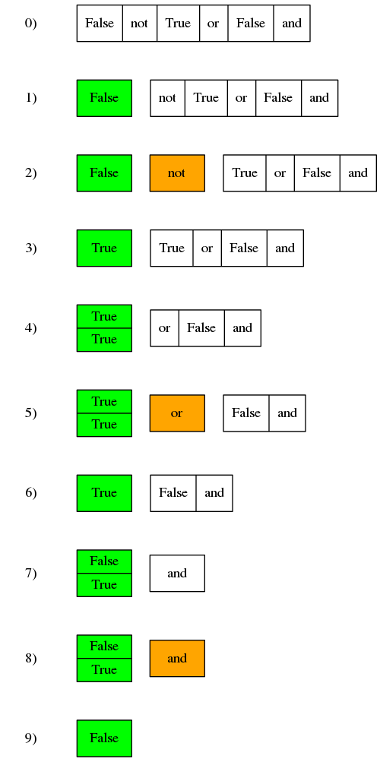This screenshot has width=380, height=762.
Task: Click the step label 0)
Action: (x=30, y=24)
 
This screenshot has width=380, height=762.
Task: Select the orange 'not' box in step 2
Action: (x=177, y=173)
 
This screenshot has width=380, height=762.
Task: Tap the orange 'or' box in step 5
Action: (x=177, y=413)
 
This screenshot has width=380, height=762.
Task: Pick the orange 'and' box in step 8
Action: (x=177, y=659)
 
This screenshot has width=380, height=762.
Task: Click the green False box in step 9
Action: (x=104, y=738)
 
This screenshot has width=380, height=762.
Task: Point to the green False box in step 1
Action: (x=104, y=98)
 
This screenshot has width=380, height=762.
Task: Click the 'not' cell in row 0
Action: (x=140, y=24)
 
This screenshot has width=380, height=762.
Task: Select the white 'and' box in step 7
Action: (x=177, y=574)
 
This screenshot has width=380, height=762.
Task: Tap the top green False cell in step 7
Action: (x=104, y=561)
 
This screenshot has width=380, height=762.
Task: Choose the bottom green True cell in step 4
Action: (x=104, y=340)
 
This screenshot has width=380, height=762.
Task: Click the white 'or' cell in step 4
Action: (x=165, y=328)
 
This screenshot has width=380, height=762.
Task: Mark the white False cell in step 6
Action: (x=173, y=493)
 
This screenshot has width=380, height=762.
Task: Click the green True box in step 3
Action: (x=104, y=248)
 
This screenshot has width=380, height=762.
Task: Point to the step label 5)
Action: (x=30, y=413)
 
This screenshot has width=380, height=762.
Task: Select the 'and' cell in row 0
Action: (x=292, y=24)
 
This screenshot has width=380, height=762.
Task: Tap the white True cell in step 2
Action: (x=245, y=173)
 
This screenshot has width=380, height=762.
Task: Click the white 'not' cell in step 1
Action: (x=168, y=98)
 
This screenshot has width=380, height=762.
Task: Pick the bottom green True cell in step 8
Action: (x=104, y=670)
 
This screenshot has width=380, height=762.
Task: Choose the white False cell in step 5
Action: (x=246, y=413)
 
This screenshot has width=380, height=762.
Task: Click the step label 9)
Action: (x=30, y=738)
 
